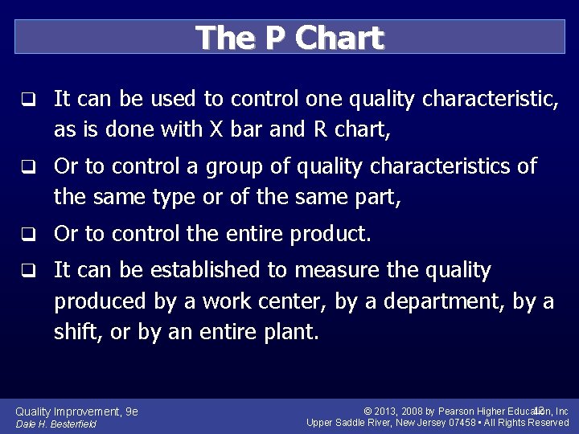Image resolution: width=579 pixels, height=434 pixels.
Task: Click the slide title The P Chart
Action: coord(289,37)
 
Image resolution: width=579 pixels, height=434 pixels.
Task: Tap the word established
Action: coord(196,271)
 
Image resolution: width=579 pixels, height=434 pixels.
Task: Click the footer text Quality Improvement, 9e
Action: coord(76,411)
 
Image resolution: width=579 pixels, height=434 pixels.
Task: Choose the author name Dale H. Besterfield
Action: coord(55,424)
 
